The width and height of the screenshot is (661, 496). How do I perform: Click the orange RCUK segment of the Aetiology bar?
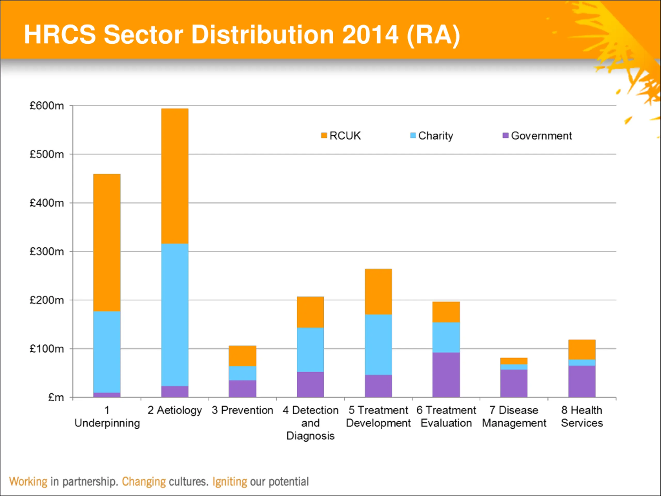click(x=175, y=176)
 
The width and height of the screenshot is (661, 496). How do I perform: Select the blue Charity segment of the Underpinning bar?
click(x=107, y=352)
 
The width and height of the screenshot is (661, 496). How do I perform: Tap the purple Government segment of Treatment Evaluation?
click(x=446, y=375)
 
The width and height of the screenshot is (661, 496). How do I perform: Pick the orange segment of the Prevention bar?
click(x=242, y=356)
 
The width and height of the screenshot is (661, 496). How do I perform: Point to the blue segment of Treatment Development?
click(x=378, y=345)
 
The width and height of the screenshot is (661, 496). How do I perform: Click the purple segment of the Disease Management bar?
click(x=514, y=383)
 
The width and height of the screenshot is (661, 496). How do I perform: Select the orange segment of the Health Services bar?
click(x=582, y=350)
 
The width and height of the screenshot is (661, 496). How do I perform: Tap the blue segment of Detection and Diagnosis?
click(x=310, y=350)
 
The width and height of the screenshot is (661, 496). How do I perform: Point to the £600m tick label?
click(x=47, y=106)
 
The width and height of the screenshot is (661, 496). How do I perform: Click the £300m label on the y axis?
click(x=47, y=251)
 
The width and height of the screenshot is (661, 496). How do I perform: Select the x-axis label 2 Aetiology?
click(x=175, y=410)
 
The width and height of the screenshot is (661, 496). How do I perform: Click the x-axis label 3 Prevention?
click(x=242, y=410)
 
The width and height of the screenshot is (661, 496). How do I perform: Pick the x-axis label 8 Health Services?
click(x=582, y=416)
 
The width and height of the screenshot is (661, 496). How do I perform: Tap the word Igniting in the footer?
click(x=230, y=482)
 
